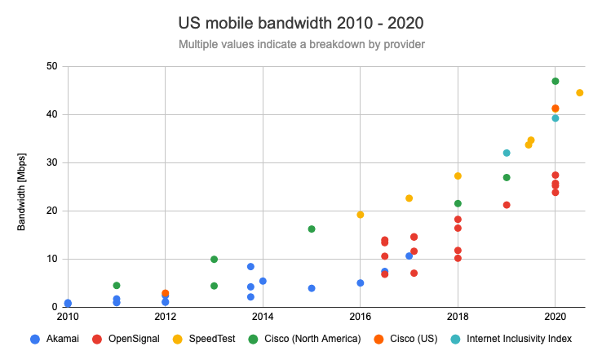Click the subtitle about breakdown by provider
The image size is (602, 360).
pyautogui.click(x=302, y=43)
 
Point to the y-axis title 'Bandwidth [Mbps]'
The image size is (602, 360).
pyautogui.click(x=23, y=188)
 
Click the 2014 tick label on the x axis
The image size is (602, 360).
pyautogui.click(x=263, y=316)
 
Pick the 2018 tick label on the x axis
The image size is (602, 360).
pyautogui.click(x=458, y=316)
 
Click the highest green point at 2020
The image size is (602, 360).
pyautogui.click(x=556, y=81)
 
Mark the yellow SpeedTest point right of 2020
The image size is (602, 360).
pyautogui.click(x=580, y=93)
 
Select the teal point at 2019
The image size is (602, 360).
pyautogui.click(x=507, y=153)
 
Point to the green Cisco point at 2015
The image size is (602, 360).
pyautogui.click(x=312, y=229)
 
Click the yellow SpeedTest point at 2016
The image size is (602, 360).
pyautogui.click(x=361, y=215)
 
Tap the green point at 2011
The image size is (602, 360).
pyautogui.click(x=117, y=286)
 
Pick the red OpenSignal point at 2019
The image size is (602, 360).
pyautogui.click(x=507, y=205)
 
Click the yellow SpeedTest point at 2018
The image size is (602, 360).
pyautogui.click(x=458, y=176)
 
